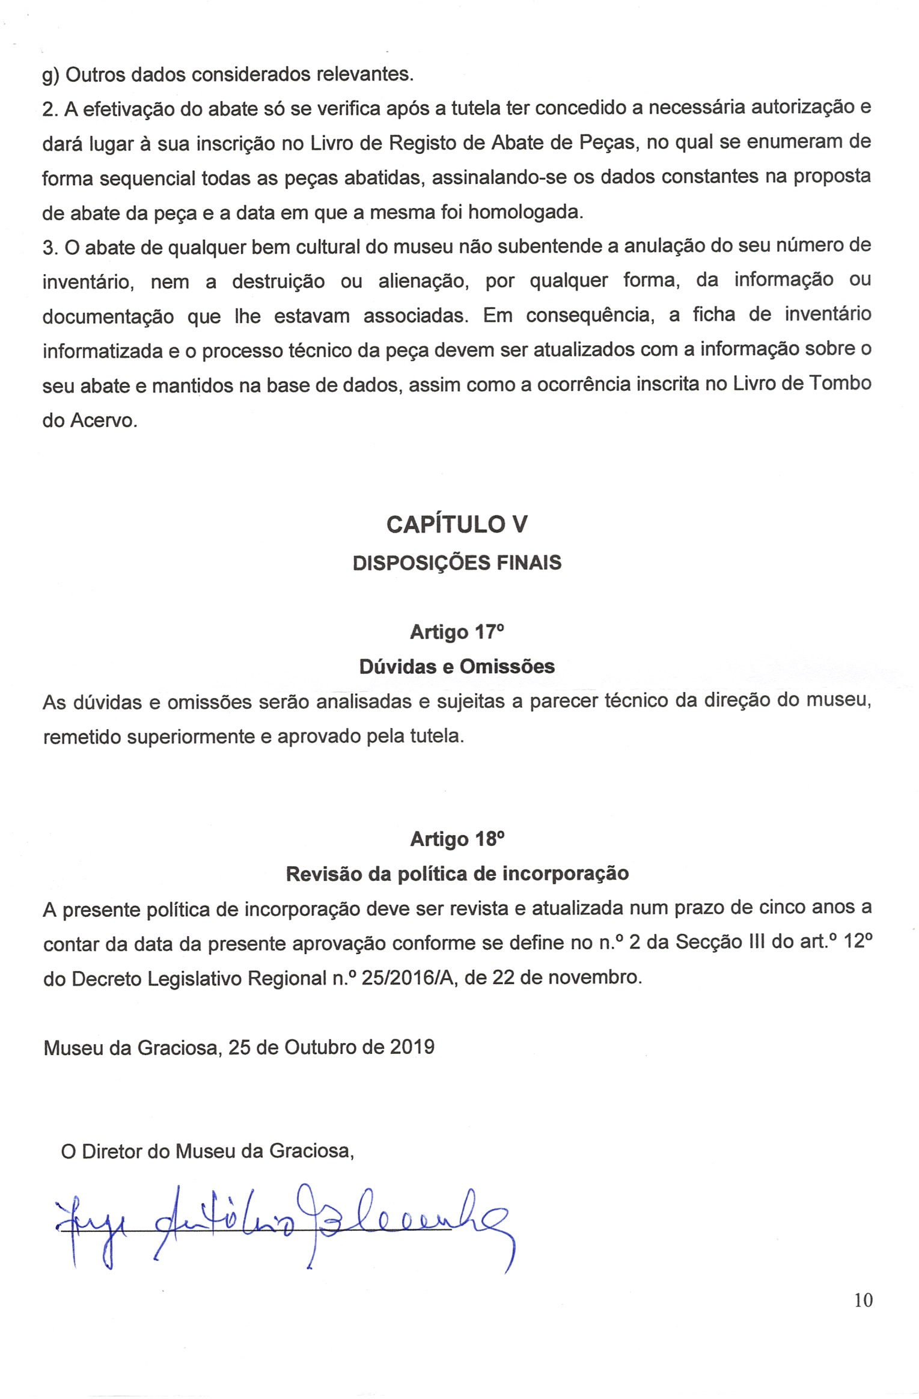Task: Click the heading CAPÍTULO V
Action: tap(457, 525)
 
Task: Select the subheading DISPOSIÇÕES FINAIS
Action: tap(457, 563)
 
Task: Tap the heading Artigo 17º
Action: tap(457, 632)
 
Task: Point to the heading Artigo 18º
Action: tap(457, 839)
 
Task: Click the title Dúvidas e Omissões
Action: tap(457, 667)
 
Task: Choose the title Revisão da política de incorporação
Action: tap(457, 874)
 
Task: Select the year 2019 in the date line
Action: tap(412, 1047)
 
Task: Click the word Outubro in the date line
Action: tap(320, 1047)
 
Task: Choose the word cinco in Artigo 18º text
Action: tap(780, 908)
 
